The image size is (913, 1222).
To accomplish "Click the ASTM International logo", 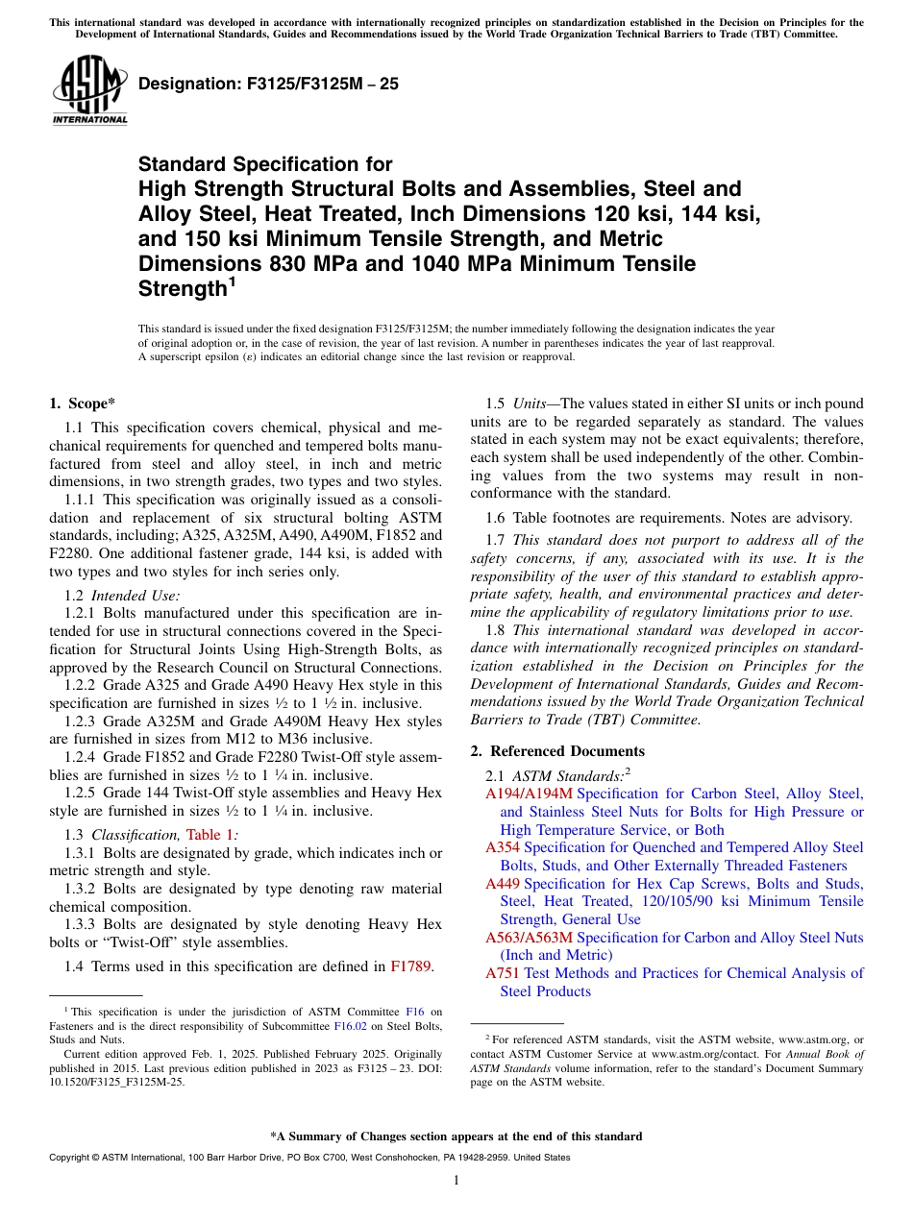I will (x=89, y=90).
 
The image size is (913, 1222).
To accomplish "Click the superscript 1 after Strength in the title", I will (x=231, y=283).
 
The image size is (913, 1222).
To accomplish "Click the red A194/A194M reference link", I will (x=529, y=794).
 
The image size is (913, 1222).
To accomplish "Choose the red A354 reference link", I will (x=503, y=847).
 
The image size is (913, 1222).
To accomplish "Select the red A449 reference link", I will (x=503, y=884).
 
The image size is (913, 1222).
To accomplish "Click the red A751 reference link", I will (x=503, y=973).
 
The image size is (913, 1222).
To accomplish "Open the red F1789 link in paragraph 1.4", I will (x=412, y=966).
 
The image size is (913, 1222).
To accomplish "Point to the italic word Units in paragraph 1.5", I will (x=530, y=403).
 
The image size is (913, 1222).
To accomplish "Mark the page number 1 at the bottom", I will (x=456, y=1181).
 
